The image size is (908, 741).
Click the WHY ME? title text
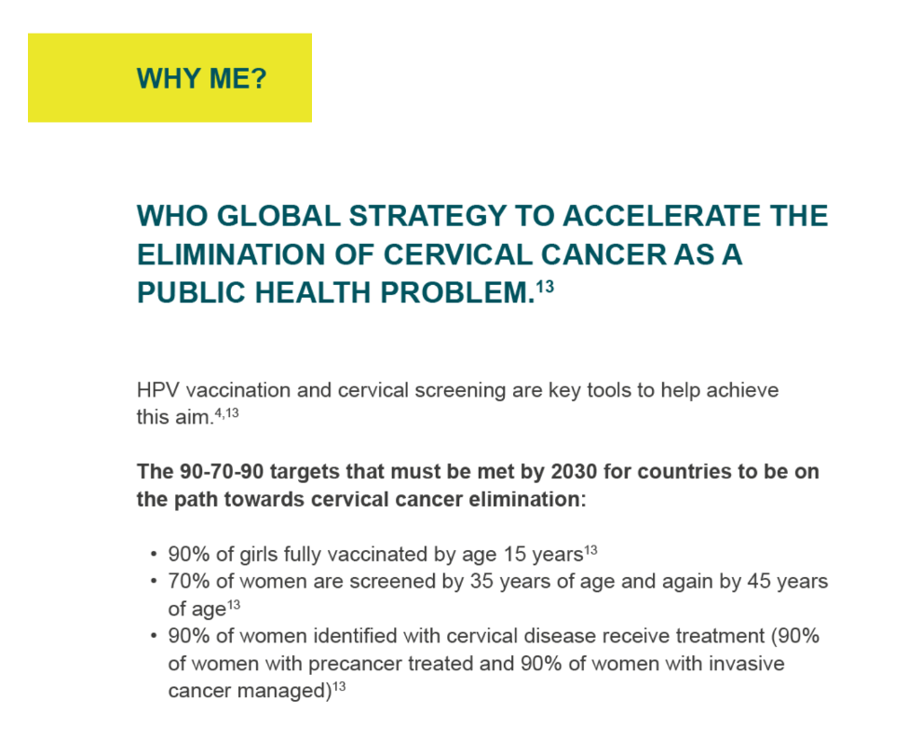[x=201, y=79]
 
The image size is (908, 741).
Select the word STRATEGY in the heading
[x=427, y=216]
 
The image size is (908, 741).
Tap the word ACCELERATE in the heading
[x=657, y=216]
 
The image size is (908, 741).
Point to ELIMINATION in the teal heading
[x=232, y=255]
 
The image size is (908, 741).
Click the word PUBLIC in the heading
[x=192, y=292]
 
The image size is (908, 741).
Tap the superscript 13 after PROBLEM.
[x=545, y=287]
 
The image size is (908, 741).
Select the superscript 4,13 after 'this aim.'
[x=227, y=413]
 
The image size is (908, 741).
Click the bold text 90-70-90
[x=222, y=472]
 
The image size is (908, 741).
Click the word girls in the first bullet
[x=253, y=555]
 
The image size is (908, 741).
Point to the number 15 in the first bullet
[x=515, y=555]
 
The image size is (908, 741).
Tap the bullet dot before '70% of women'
[x=154, y=581]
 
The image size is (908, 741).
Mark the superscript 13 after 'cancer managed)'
[x=339, y=687]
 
